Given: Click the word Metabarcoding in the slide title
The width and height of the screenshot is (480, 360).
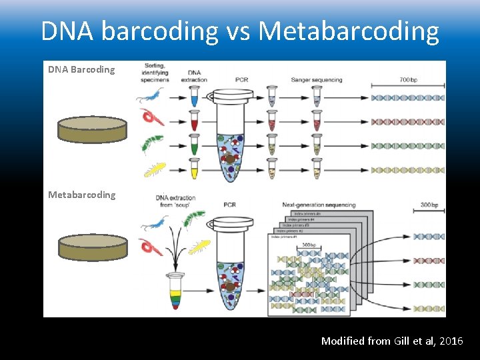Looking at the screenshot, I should pyautogui.click(x=349, y=31).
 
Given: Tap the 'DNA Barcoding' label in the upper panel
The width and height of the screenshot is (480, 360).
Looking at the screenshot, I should pyautogui.click(x=81, y=69).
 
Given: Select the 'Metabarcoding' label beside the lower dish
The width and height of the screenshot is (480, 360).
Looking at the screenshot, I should pyautogui.click(x=81, y=195).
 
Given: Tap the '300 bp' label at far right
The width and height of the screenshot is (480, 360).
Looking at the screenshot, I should pyautogui.click(x=429, y=205).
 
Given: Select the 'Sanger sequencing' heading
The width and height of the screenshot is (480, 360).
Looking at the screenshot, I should pyautogui.click(x=317, y=80).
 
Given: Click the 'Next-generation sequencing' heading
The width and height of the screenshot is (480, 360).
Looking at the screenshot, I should pyautogui.click(x=319, y=205).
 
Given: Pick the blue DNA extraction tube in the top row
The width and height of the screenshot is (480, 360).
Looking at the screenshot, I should pyautogui.click(x=195, y=97).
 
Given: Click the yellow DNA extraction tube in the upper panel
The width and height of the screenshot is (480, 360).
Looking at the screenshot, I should pyautogui.click(x=195, y=169).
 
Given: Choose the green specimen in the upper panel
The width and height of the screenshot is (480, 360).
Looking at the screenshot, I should pyautogui.click(x=153, y=145).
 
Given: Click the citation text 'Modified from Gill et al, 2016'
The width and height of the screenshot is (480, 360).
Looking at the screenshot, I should pyautogui.click(x=391, y=341).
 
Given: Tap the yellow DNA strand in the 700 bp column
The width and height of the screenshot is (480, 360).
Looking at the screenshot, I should pyautogui.click(x=407, y=170).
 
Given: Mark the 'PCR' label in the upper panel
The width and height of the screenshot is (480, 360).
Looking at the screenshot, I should pyautogui.click(x=241, y=80).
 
